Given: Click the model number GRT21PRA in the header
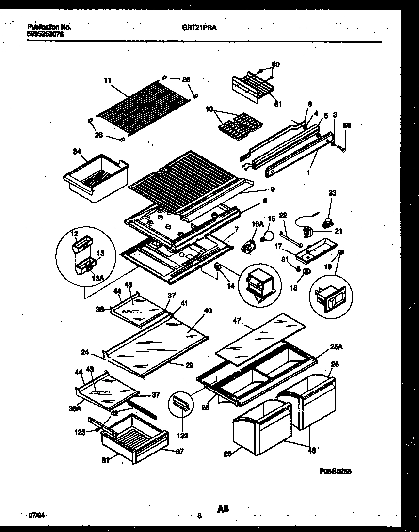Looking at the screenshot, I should tap(203, 28).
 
